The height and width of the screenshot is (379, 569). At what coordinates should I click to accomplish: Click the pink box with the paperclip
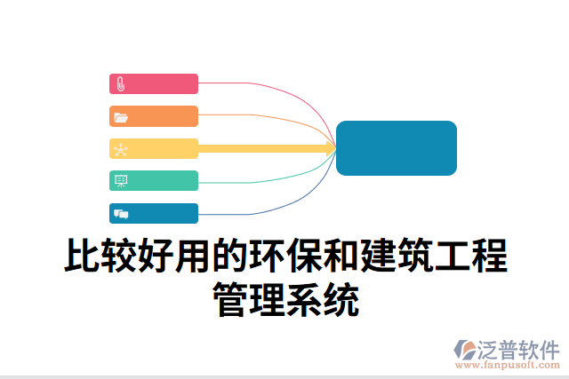point(154,84)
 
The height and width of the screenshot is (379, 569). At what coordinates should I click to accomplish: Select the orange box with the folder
point(154,116)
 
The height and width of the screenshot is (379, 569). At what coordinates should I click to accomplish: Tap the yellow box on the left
point(154,149)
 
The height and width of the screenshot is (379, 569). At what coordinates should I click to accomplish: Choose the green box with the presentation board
point(154,181)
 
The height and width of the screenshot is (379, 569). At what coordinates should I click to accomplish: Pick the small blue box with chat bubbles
point(154,213)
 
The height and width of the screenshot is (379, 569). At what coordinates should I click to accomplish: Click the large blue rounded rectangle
point(397,148)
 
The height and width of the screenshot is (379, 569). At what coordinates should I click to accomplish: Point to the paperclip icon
point(121,84)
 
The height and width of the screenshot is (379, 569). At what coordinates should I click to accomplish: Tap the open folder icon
point(121,117)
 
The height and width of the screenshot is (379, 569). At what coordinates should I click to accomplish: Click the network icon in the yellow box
point(121,149)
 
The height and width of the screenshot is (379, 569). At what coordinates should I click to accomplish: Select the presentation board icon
point(121,181)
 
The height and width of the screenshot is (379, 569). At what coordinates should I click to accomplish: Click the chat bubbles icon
point(121,213)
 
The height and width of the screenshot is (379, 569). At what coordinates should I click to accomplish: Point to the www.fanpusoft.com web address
point(507,364)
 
